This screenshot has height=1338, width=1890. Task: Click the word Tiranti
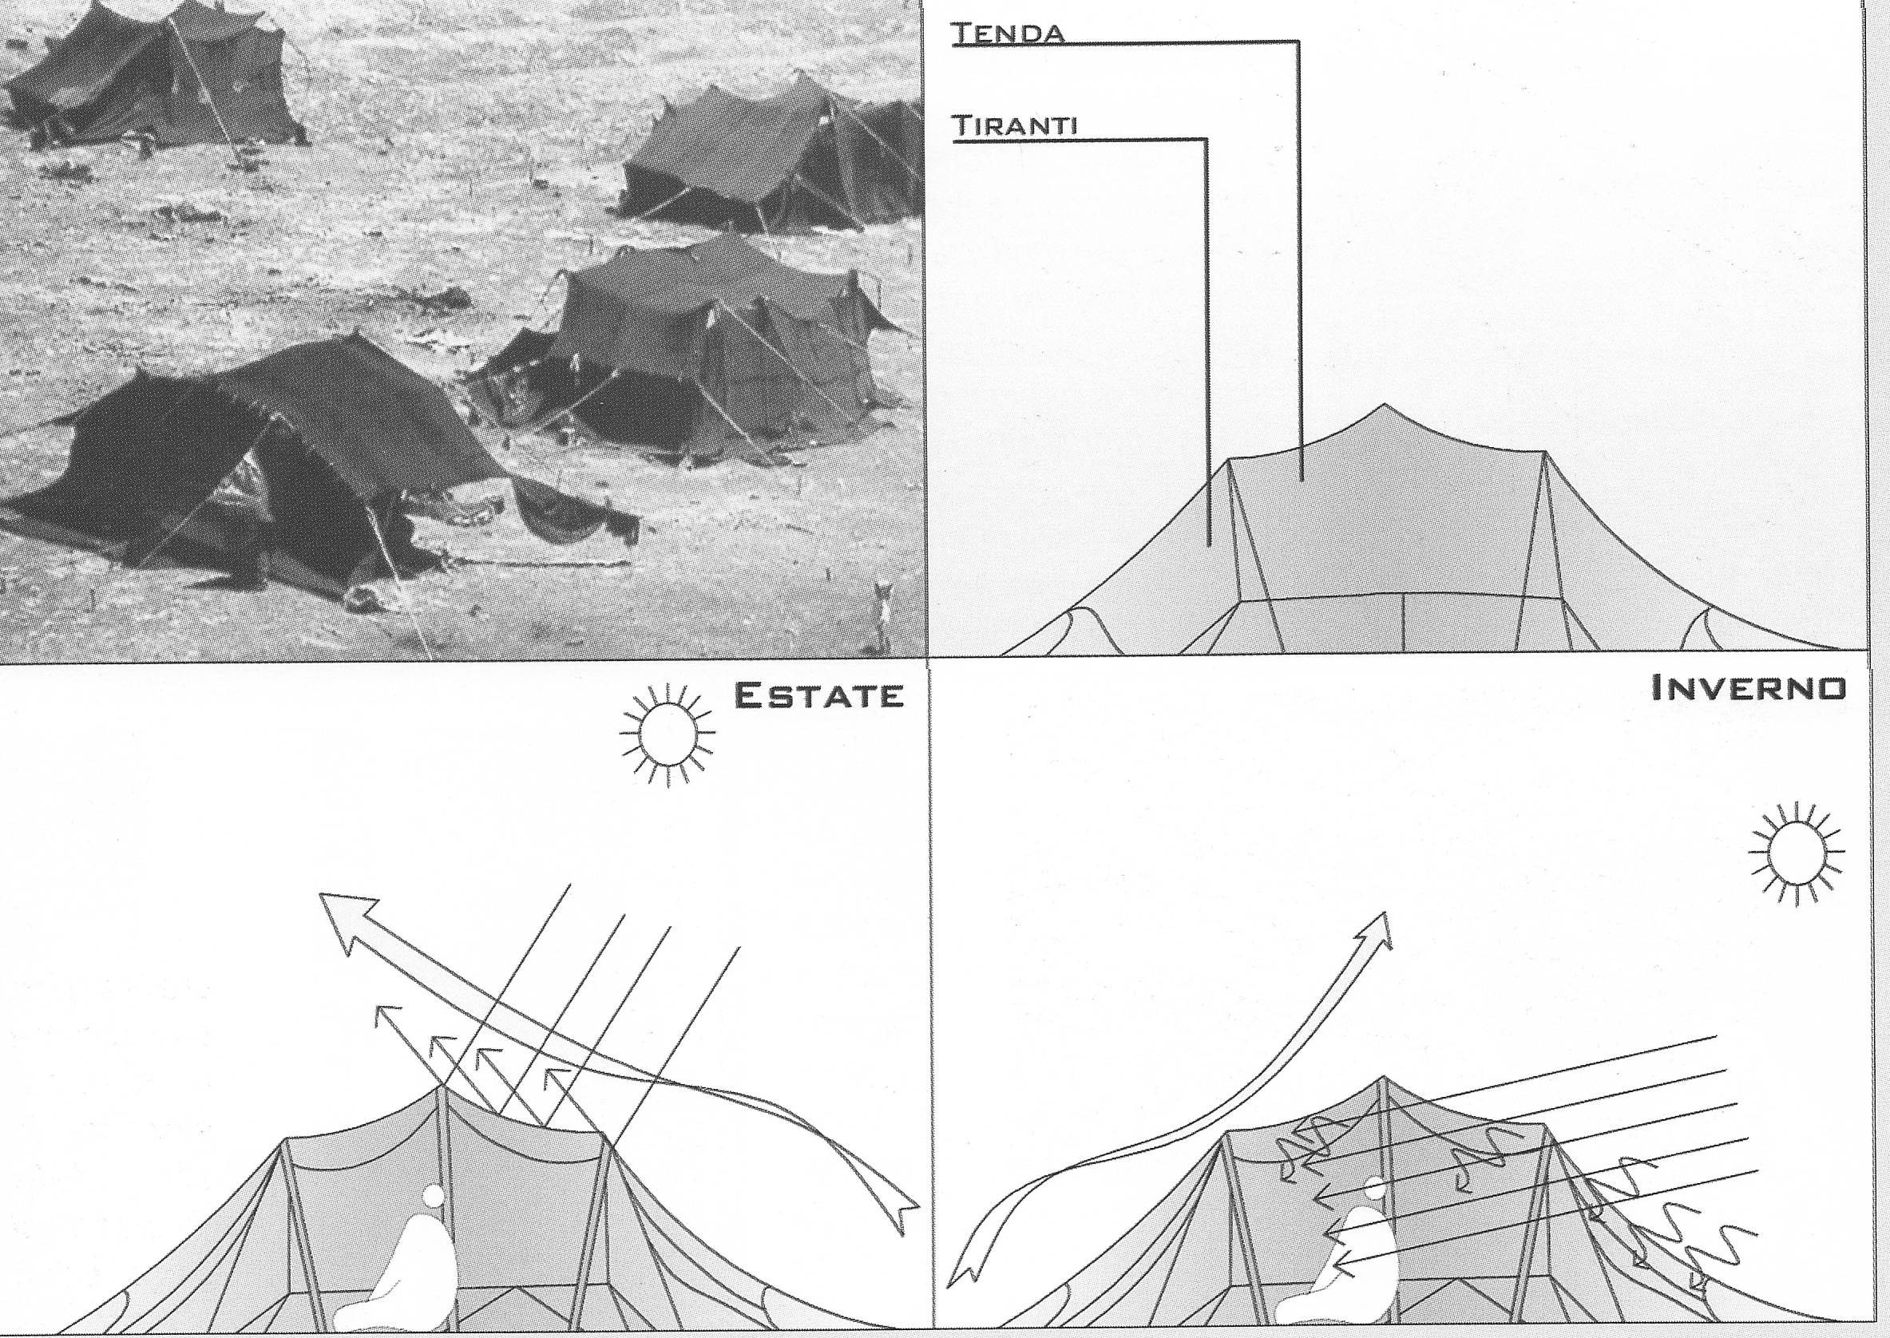[x=1015, y=126]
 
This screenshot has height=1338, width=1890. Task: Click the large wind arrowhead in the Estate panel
[x=344, y=921]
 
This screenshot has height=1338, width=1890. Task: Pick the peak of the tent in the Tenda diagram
[x=1384, y=405]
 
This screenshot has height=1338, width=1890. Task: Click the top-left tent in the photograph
[x=157, y=78]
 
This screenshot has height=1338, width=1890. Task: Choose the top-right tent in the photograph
[x=771, y=156]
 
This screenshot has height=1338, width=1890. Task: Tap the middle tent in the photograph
[x=700, y=354]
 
